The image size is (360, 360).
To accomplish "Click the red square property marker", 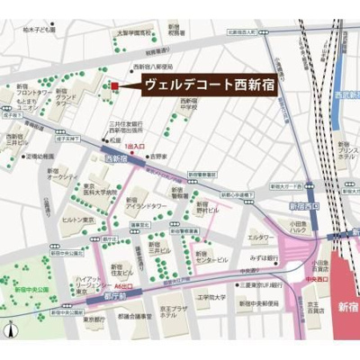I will click(x=114, y=86).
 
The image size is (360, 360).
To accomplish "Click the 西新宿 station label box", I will click(x=114, y=158).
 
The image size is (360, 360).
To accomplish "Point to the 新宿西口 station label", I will click(x=301, y=207).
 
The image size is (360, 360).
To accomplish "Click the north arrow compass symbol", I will click(x=10, y=329).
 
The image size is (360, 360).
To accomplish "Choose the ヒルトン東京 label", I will click(x=77, y=219).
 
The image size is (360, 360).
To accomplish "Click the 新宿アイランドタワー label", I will click(x=142, y=204).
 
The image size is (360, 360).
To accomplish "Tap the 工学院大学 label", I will click(x=214, y=296).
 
